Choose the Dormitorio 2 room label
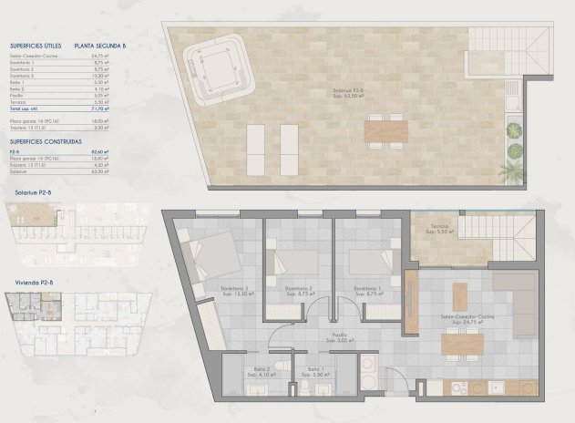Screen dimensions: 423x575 (x=298, y=291)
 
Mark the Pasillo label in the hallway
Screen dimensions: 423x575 (x=313, y=336)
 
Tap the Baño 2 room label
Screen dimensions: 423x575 (x=255, y=371)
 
